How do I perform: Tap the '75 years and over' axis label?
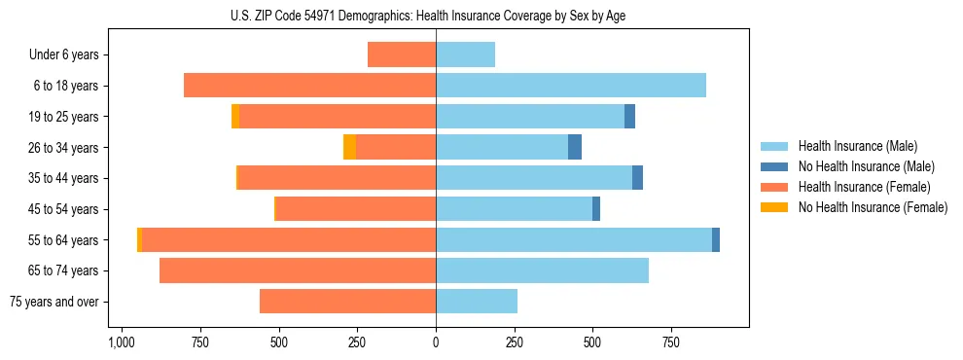pos(54,302)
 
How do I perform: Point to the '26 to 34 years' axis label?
pos(62,148)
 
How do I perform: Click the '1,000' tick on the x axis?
pos(121,343)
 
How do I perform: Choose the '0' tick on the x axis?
pos(436,343)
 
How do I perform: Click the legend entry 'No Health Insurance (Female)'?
pos(872,207)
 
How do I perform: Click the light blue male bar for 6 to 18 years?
pos(571,86)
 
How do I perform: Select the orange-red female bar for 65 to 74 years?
pos(298,270)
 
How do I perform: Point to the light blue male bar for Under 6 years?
pos(465,55)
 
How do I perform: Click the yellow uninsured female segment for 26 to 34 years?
pos(349,148)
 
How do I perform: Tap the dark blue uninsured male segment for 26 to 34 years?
pos(575,148)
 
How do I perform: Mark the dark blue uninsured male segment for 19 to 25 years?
pos(629,117)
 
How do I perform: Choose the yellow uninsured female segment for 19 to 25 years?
pos(235,117)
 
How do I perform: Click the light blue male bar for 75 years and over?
pos(477,302)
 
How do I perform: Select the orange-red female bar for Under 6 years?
pos(402,55)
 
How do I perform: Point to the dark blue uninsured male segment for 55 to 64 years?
pos(716,240)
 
